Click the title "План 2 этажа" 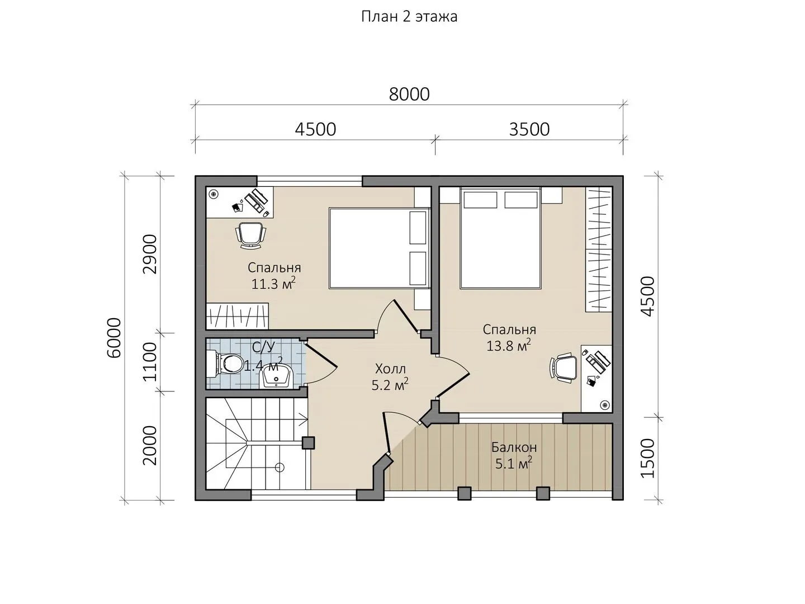click(x=409, y=17)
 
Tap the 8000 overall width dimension click(x=409, y=95)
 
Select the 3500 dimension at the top click(x=529, y=129)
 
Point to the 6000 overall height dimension click(x=114, y=338)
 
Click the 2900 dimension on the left click(x=150, y=254)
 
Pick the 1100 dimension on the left click(x=150, y=362)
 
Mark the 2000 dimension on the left click(x=150, y=446)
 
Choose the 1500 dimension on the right click(x=648, y=458)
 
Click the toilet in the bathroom click(x=225, y=364)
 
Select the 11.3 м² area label click(x=273, y=284)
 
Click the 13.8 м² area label click(x=509, y=346)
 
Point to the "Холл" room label click(x=391, y=369)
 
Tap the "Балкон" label click(x=514, y=447)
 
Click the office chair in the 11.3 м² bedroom click(x=251, y=235)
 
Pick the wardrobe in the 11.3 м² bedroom click(x=237, y=316)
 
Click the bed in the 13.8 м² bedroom click(x=500, y=238)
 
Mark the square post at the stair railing click(x=308, y=442)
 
